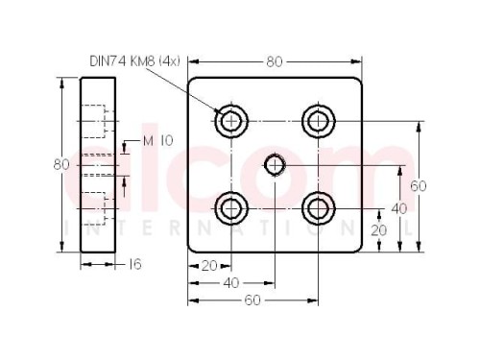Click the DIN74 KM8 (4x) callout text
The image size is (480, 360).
point(134,61)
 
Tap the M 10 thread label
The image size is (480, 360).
point(157,140)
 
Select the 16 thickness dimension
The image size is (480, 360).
point(134,264)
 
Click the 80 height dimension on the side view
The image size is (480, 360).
point(61,165)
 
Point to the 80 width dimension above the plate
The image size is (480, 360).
point(275,62)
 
